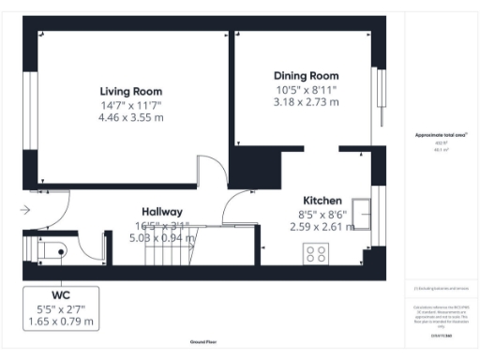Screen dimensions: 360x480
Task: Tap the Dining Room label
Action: point(306,75)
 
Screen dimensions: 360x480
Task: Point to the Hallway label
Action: point(162,212)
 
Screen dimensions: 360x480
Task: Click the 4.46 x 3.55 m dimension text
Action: point(131,118)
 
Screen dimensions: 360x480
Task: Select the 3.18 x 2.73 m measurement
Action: point(306,102)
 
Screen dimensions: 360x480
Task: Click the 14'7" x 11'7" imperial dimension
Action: point(132,105)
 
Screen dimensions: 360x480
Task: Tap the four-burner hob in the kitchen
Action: point(316,253)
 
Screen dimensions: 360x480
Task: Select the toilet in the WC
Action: point(51,250)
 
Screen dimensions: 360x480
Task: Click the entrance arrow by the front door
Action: point(24,209)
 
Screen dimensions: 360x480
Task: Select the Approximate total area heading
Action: point(441,135)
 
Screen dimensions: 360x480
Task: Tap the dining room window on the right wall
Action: point(380,98)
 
